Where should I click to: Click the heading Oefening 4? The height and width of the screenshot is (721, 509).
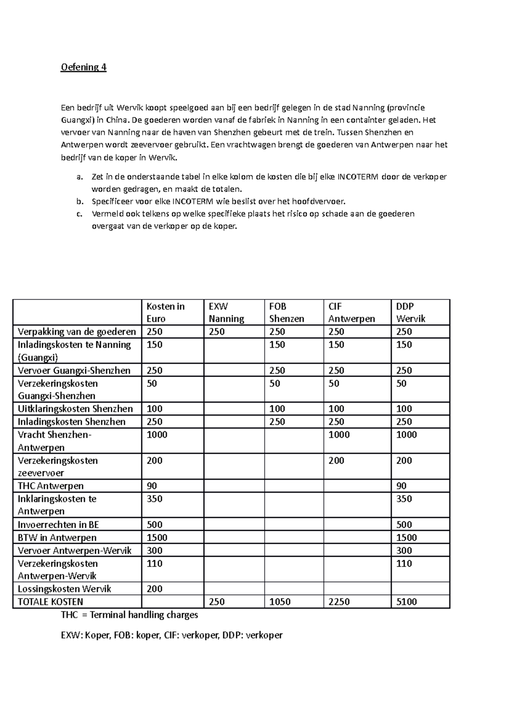pos(84,67)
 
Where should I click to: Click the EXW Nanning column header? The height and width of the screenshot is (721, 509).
pos(226,313)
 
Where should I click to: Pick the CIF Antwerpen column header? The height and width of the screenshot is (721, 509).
pos(351,313)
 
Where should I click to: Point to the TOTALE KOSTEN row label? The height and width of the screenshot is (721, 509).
pos(50,602)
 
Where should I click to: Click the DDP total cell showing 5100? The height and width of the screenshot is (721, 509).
pos(406,602)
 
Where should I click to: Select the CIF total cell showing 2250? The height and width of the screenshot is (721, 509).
pos(339,602)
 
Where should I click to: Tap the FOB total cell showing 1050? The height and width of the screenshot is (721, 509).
pos(280,602)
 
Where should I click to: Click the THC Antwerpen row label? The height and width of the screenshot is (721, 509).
pos(50,486)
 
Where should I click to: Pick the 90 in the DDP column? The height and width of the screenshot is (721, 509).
pos(401,486)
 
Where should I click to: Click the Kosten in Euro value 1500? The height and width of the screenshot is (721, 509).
pos(157,538)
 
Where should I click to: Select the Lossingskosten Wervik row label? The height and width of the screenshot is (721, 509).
pos(64,589)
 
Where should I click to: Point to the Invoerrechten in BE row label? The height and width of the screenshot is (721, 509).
pos(58,524)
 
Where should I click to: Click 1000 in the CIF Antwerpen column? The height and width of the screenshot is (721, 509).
pos(339,435)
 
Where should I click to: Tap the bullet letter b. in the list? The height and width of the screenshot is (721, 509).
pos(80,201)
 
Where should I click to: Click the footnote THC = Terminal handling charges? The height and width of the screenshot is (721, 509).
pos(129,615)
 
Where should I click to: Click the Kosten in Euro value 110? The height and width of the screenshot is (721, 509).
pos(154,563)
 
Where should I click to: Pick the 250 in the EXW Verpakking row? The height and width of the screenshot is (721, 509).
pos(216,332)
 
